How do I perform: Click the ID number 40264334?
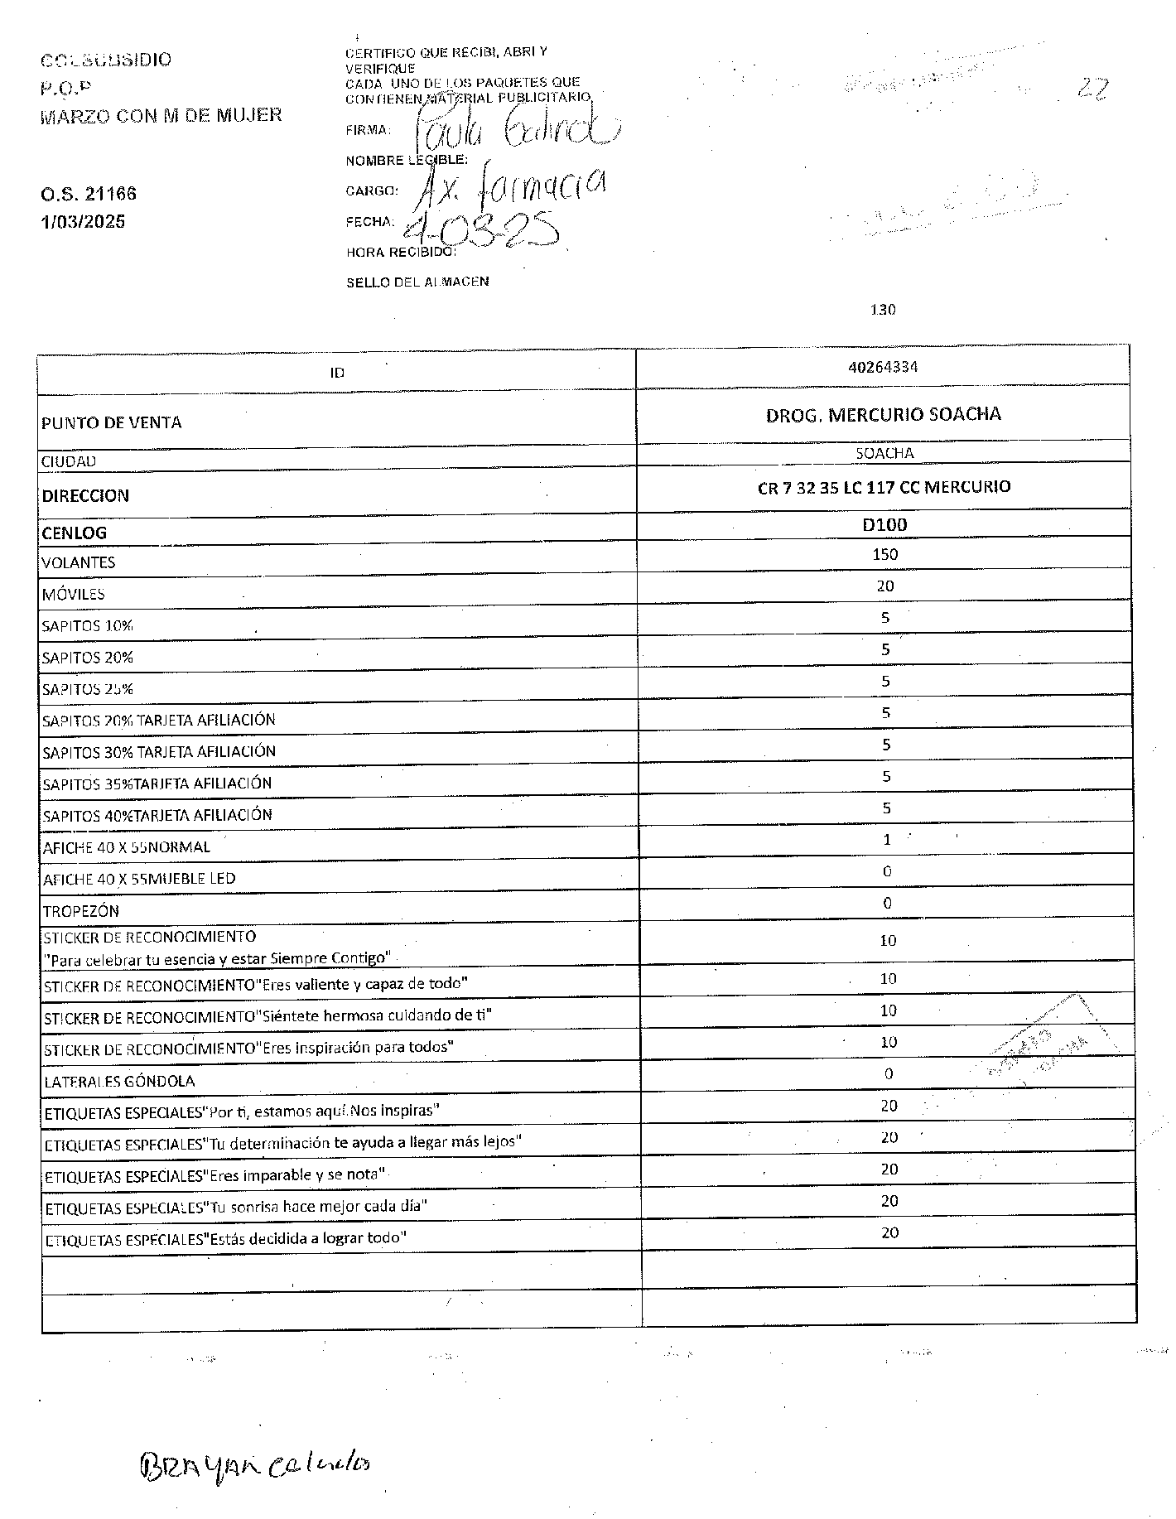tap(883, 367)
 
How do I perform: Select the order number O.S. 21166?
tap(89, 194)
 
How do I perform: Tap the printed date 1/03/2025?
tap(83, 222)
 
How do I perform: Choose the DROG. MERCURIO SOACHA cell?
tap(883, 414)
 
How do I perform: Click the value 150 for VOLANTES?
tap(884, 554)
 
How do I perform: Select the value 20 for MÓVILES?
tap(884, 586)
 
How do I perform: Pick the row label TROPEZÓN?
tap(81, 911)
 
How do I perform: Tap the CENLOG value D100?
tap(884, 524)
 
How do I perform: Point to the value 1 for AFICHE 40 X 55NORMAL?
tap(886, 840)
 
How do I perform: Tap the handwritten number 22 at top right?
tap(1092, 88)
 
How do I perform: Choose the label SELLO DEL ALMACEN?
tap(417, 282)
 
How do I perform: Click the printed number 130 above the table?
tap(883, 310)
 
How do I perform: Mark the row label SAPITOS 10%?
tap(88, 626)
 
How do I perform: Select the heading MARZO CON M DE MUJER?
tap(161, 115)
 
